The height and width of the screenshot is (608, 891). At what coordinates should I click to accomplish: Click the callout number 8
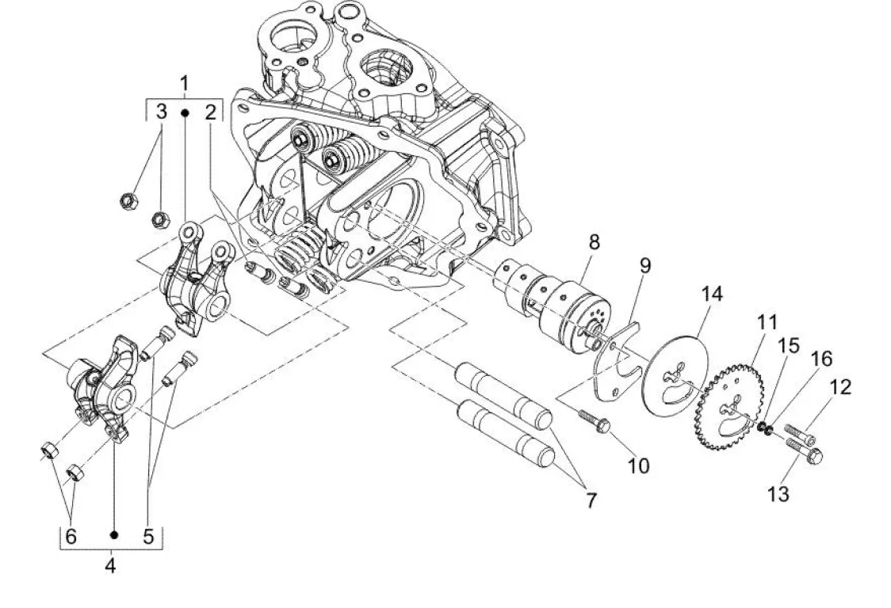594,242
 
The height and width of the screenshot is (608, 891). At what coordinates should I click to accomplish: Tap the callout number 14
711,294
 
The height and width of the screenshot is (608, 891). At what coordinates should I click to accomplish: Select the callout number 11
767,322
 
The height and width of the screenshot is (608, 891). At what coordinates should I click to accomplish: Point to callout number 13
778,494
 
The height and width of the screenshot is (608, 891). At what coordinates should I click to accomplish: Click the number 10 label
638,466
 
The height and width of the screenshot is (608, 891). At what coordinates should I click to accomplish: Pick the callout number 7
591,500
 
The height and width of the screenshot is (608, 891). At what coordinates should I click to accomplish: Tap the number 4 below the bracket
110,565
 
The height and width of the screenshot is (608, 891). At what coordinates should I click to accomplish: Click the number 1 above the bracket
184,83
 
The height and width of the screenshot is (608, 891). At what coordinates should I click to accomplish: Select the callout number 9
644,265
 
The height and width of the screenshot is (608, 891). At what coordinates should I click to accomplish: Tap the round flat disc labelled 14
679,377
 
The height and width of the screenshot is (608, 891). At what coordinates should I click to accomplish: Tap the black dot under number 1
185,113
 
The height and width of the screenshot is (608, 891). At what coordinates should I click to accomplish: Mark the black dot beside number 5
113,534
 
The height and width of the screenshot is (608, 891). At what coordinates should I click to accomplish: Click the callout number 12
840,387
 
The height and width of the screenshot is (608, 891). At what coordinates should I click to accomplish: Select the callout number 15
788,345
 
